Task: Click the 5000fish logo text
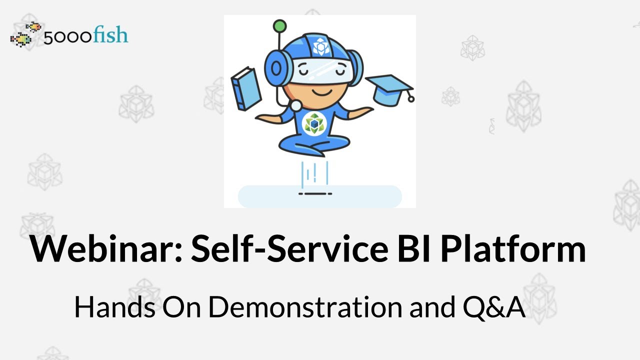[85, 36]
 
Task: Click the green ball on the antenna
[280, 25]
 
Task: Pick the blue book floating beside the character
[246, 89]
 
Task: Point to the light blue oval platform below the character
[319, 196]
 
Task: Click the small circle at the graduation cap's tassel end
[411, 99]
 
